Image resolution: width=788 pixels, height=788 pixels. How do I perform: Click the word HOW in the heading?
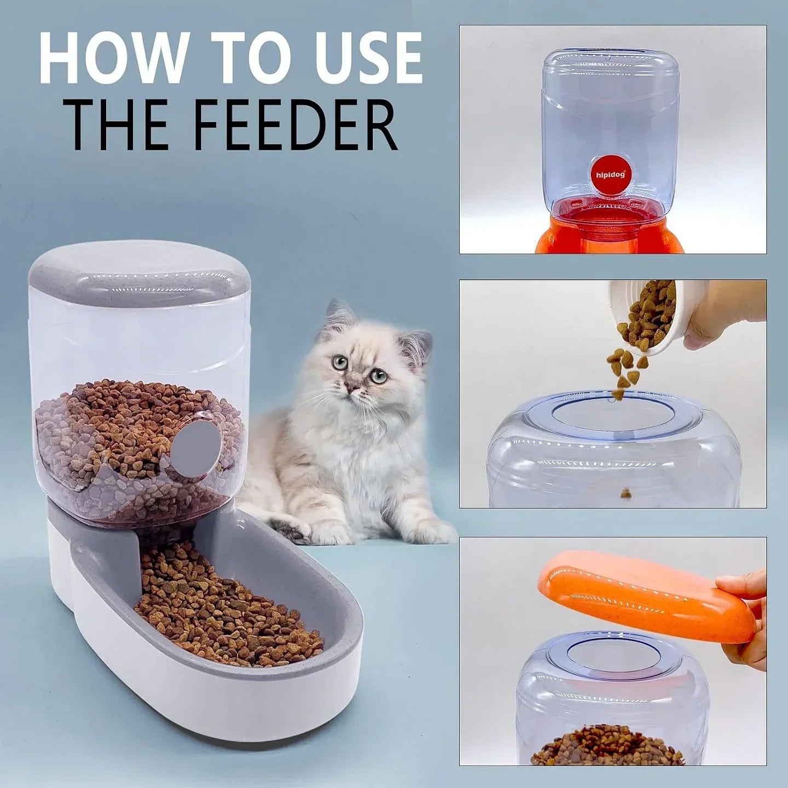coord(112,59)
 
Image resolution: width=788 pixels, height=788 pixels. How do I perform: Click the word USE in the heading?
coord(358,59)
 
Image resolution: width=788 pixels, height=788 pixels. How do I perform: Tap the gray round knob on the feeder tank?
coord(196,443)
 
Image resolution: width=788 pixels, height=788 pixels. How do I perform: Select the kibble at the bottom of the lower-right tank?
coord(607,747)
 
